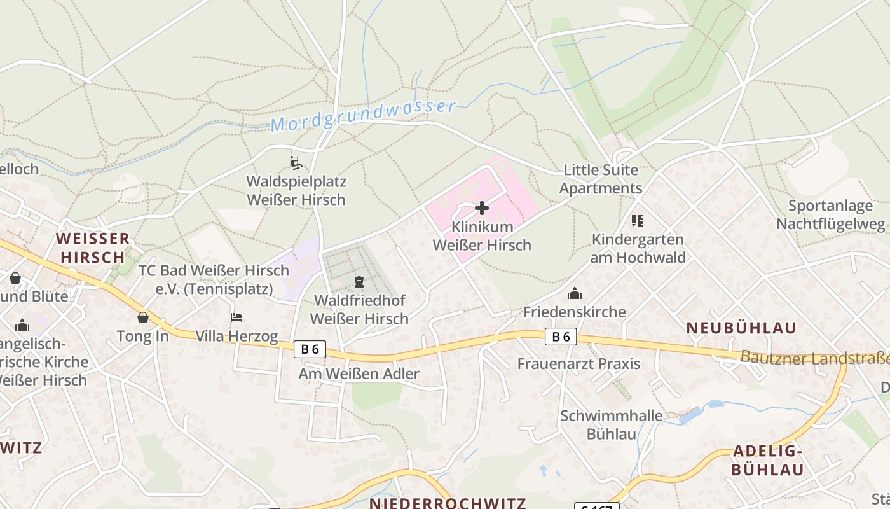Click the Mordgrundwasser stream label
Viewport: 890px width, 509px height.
point(364,115)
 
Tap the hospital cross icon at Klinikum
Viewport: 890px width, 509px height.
point(482,208)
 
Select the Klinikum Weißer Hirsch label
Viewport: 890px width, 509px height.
point(482,236)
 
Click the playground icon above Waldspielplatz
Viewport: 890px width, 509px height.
point(296,163)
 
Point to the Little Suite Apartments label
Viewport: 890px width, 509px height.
point(601,179)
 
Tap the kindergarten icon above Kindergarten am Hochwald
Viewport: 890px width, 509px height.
point(638,221)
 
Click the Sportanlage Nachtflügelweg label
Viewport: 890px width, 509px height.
point(830,214)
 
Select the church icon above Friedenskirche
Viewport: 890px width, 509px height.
point(575,293)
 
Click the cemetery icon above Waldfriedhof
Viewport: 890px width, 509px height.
point(359,281)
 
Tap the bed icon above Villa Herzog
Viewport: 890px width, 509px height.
point(236,317)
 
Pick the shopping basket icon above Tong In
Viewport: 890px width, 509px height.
point(143,317)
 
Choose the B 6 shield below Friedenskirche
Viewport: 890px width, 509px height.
point(561,337)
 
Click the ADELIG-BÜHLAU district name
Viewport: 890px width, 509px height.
point(767,461)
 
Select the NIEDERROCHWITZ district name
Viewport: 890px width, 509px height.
point(448,503)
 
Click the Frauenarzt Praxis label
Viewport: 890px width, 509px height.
point(578,364)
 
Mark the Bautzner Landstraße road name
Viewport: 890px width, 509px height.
point(814,358)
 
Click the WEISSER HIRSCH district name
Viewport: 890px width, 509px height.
point(92,248)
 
